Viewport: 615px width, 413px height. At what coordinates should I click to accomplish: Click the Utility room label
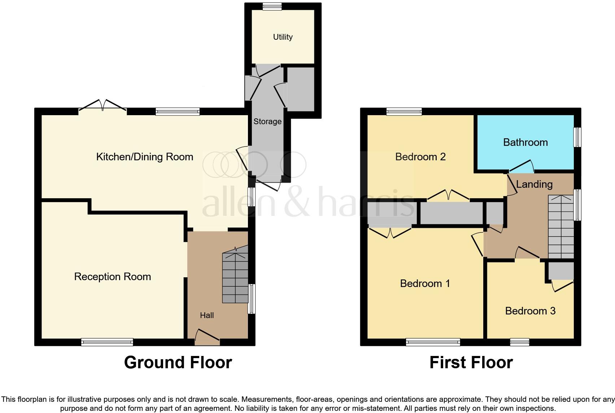[x=283, y=37]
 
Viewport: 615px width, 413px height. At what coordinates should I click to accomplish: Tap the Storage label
[x=267, y=121]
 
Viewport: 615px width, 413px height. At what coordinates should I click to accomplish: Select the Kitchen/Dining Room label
[x=144, y=157]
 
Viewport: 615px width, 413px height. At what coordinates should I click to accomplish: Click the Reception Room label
[x=112, y=277]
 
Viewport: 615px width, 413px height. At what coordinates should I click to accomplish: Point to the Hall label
[x=207, y=315]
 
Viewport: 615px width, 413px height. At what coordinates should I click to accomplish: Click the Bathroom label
[x=525, y=142]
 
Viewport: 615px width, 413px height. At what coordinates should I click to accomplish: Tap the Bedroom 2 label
[x=420, y=157]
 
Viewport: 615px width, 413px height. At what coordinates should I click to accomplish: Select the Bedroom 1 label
[x=425, y=283]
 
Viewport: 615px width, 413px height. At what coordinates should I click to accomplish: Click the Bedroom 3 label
[x=530, y=311]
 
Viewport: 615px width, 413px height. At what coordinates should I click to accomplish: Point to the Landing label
[x=534, y=184]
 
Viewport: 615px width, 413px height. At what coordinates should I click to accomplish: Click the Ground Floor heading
[x=178, y=362]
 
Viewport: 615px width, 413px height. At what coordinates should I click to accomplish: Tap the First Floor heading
[x=471, y=362]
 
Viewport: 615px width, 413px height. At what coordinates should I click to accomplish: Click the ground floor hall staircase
[x=235, y=277]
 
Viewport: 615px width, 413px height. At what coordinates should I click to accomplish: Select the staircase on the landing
[x=561, y=227]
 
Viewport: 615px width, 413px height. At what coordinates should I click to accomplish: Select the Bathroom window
[x=577, y=137]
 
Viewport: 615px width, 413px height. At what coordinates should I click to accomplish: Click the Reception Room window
[x=107, y=342]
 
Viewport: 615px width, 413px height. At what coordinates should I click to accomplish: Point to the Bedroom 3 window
[x=520, y=342]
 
